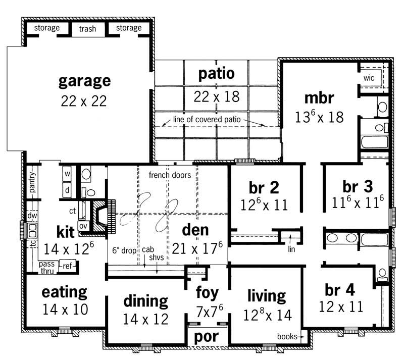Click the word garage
pyautogui.click(x=84, y=81)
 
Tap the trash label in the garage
pyautogui.click(x=87, y=29)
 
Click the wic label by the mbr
pyautogui.click(x=368, y=78)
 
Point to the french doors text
pyautogui.click(x=170, y=176)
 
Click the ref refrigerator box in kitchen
pyautogui.click(x=67, y=265)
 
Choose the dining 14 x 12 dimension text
pyautogui.click(x=145, y=319)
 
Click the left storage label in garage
pyautogui.click(x=47, y=28)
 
